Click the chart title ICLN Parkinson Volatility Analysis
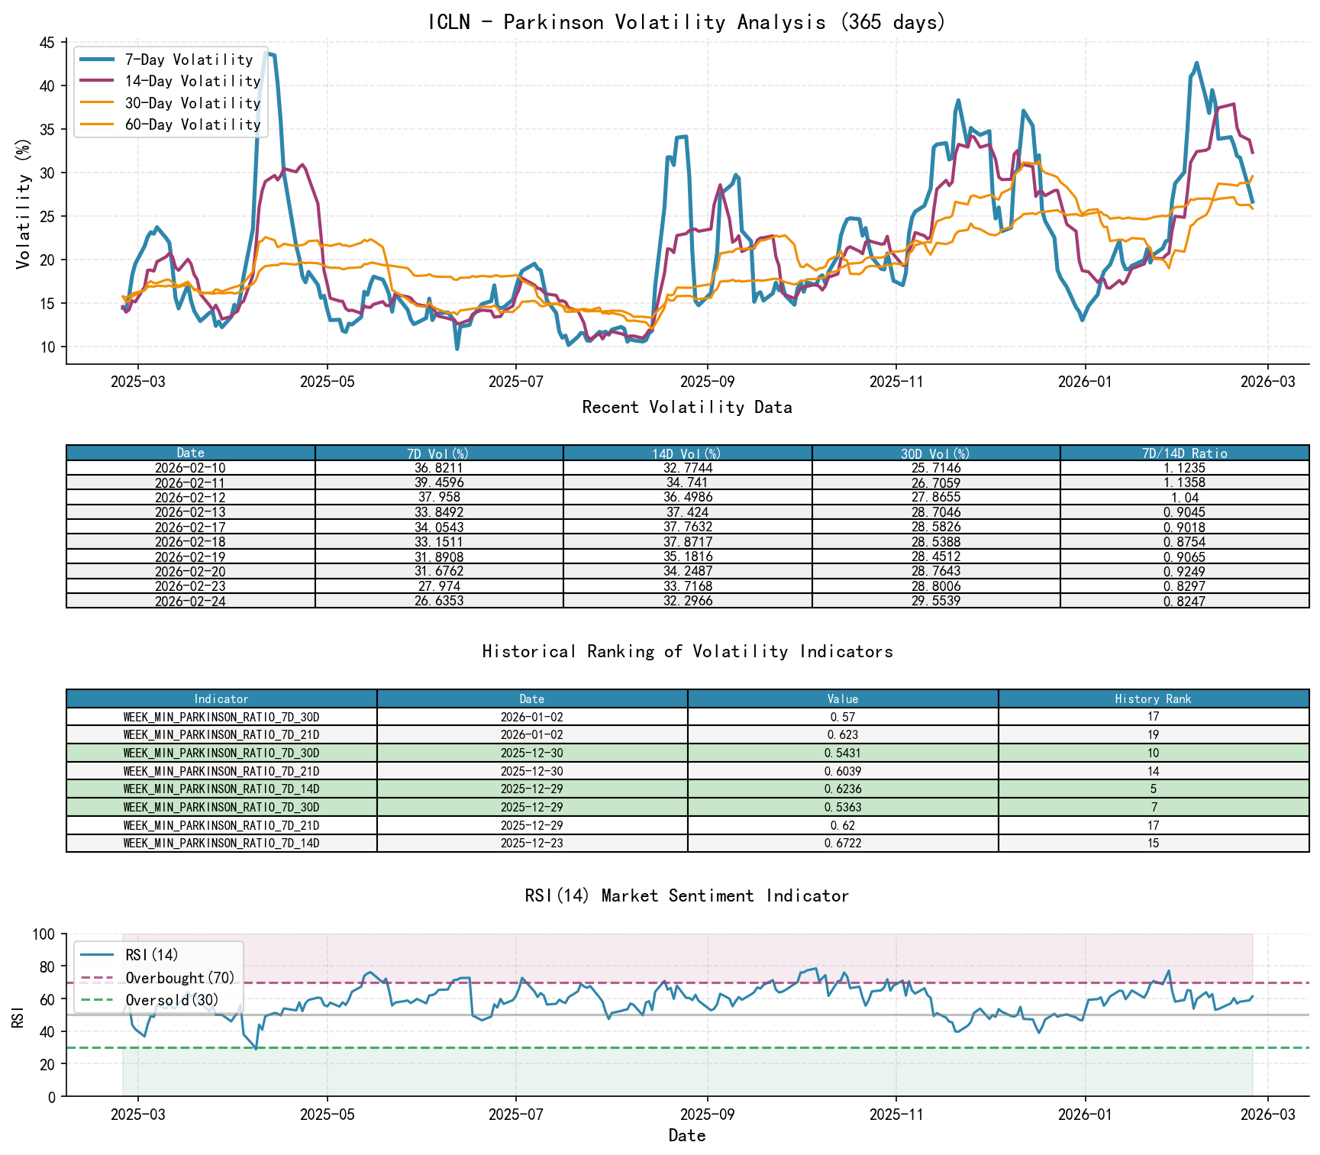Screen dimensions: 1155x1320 click(686, 22)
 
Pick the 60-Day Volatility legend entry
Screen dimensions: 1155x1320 click(192, 124)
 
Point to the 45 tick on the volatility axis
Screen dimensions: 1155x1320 click(47, 43)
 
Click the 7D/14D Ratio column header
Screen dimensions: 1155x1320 click(1184, 453)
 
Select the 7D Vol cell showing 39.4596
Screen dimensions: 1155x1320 click(439, 482)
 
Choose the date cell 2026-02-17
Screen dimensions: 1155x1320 click(190, 527)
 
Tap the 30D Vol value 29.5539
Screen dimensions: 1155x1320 click(936, 601)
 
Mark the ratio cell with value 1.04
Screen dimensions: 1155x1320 click(1184, 497)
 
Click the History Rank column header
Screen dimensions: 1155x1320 click(1153, 698)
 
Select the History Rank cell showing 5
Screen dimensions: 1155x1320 click(1153, 789)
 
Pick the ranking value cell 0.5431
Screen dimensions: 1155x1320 click(843, 753)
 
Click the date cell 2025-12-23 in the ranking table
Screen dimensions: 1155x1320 click(532, 843)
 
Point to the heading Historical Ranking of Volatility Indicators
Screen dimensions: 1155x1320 click(687, 651)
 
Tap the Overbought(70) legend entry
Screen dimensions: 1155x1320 click(180, 978)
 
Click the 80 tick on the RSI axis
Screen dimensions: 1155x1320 click(47, 966)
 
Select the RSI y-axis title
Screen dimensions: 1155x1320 click(18, 1016)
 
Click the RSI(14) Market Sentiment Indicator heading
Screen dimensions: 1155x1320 click(686, 895)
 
